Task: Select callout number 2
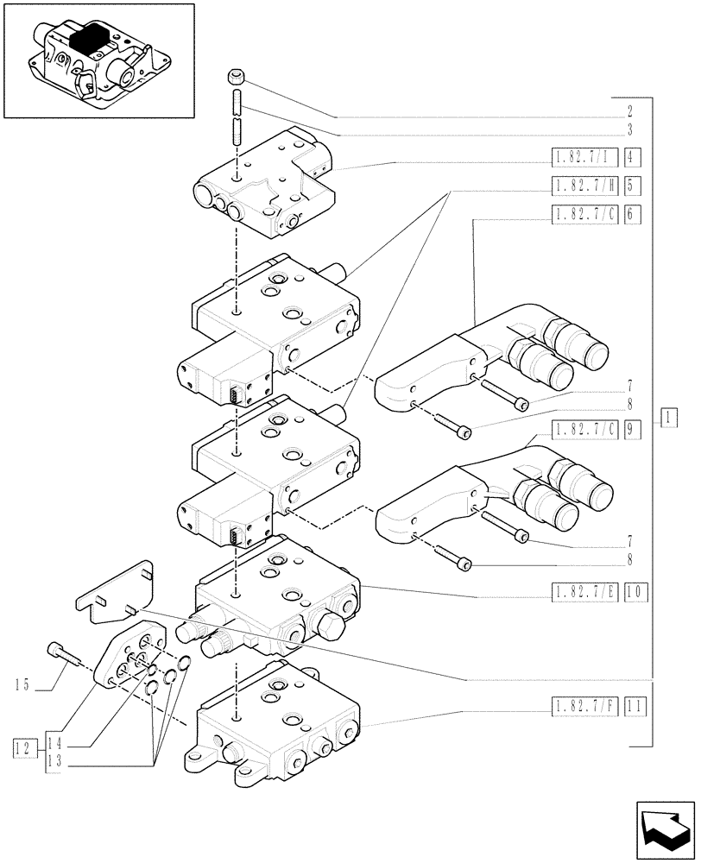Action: point(630,112)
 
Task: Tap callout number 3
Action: point(630,131)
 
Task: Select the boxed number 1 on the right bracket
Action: point(668,419)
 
